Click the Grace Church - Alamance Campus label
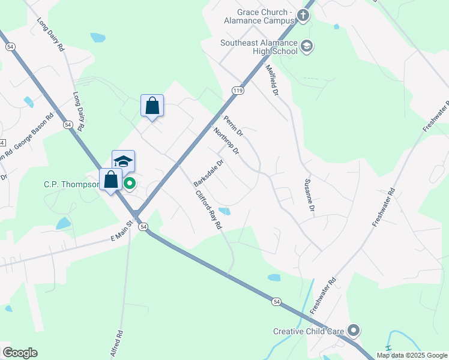[264, 16]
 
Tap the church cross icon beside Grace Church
[304, 16]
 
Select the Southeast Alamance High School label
[259, 47]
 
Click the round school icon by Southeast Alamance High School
[307, 46]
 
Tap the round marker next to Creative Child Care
[354, 331]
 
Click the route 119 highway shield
[237, 90]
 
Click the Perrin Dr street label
[232, 124]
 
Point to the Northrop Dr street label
[226, 141]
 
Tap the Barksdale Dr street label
[208, 172]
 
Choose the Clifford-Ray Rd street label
[208, 210]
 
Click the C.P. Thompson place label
[71, 184]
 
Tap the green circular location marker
[129, 184]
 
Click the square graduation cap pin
[123, 161]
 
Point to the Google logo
[20, 353]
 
